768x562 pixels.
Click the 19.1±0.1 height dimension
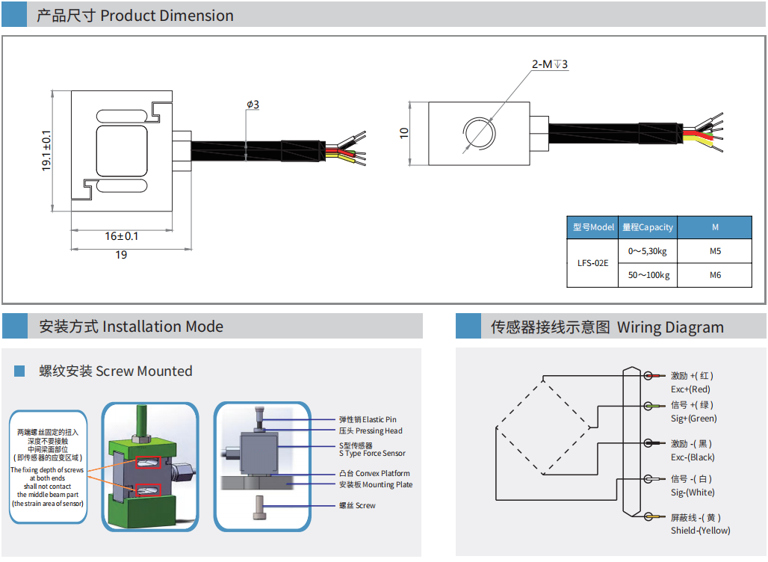(46, 150)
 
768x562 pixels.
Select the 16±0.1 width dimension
(121, 236)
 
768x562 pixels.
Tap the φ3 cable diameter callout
(253, 105)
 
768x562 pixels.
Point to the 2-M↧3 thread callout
(550, 64)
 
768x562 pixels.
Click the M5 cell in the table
(715, 251)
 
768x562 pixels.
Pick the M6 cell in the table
(715, 275)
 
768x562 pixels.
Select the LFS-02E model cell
(593, 263)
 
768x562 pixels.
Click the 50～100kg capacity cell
(648, 275)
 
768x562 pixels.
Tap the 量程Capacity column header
(648, 227)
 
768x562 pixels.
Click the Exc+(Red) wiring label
(690, 389)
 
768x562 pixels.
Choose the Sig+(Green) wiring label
(693, 419)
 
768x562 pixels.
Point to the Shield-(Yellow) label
(700, 531)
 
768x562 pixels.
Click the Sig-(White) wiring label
(693, 492)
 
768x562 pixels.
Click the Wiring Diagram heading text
(669, 327)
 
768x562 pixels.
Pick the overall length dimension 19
(121, 255)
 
